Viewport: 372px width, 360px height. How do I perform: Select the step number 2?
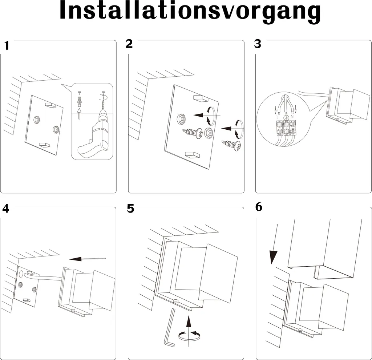point(129,44)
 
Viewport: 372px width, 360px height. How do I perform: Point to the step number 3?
point(258,44)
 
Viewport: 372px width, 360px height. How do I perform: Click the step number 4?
point(6,209)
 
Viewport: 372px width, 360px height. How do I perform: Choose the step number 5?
point(131,209)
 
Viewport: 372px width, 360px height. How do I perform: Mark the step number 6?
point(259,207)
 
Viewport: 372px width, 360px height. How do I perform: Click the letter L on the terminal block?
point(278,117)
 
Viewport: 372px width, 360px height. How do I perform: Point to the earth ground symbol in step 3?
point(286,117)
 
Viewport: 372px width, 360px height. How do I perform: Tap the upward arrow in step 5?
point(188,323)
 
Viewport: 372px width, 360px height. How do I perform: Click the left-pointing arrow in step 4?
point(87,259)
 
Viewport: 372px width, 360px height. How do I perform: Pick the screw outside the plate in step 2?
point(232,146)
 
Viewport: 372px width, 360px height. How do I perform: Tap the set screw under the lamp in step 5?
point(176,300)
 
